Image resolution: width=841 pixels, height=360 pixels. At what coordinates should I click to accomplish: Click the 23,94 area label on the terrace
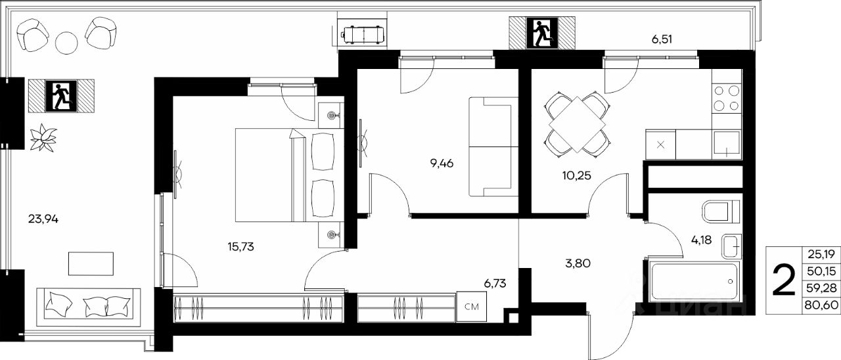pos(43,219)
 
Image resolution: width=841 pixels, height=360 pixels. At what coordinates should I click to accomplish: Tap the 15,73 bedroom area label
pos(240,246)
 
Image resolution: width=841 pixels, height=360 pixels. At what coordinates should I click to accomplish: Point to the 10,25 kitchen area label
pos(577,175)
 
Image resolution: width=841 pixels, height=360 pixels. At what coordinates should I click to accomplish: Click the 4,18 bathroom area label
pos(701,240)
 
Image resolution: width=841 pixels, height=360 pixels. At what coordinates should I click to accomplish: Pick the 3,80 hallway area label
pos(578,263)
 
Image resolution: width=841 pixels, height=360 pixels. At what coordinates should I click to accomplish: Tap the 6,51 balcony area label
pos(662,39)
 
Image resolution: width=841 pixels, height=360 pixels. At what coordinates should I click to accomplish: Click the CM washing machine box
pos(472,307)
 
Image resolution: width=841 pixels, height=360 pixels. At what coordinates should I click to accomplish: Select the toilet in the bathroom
pos(721,212)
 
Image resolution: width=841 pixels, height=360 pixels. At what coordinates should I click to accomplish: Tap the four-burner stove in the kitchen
pos(727,99)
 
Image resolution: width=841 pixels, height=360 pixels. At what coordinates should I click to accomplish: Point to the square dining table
pos(578,125)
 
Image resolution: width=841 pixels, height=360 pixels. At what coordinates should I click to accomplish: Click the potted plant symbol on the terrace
pos(43,138)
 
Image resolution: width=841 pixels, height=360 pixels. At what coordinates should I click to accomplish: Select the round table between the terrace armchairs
pos(66,43)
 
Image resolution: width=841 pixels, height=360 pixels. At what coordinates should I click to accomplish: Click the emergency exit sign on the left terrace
pos(61,96)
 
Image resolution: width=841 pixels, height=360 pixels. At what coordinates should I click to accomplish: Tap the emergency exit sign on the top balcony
pos(542,33)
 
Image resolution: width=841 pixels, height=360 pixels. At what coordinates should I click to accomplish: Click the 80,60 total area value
pos(821,304)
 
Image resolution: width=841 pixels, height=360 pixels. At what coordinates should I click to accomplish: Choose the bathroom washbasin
pos(731,246)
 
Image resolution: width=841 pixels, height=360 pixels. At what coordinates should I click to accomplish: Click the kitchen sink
pos(727,145)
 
